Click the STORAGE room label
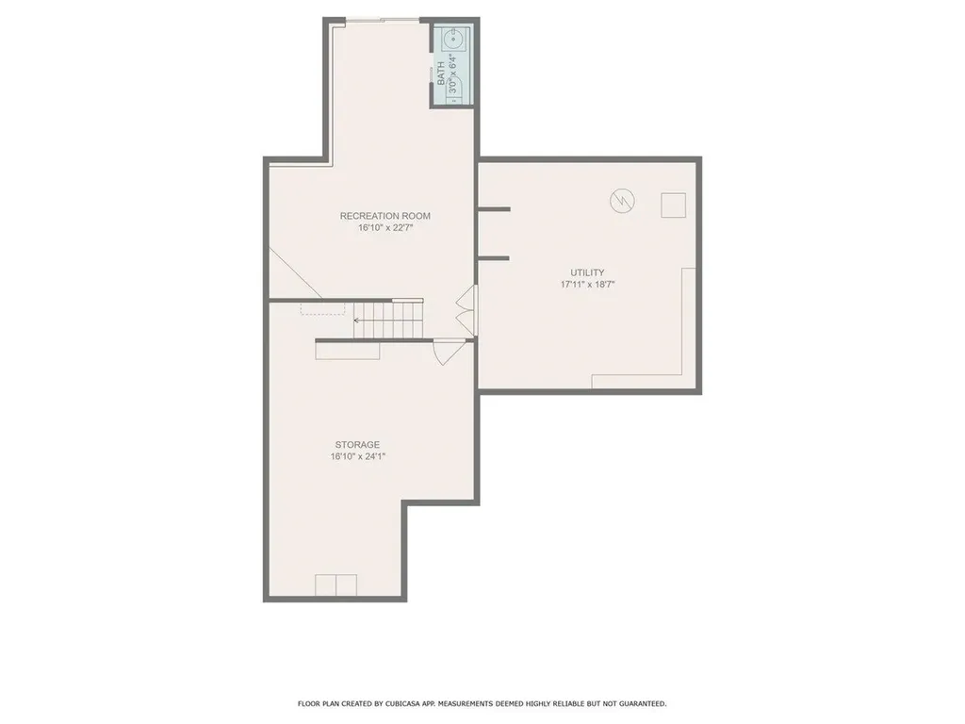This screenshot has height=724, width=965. coord(357,444)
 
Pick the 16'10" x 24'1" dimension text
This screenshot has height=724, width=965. coord(357,456)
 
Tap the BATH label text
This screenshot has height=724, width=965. coord(440,74)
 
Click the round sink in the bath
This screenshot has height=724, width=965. coord(453,40)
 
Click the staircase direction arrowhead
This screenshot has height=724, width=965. coord(356,321)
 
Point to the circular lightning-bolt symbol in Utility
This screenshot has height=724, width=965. coord(622,201)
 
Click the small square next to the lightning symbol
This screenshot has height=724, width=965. coord(673,205)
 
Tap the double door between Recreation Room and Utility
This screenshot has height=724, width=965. coord(466,308)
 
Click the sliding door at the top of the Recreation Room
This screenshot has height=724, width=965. coord(381,20)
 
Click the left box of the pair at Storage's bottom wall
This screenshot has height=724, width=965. coord(325,585)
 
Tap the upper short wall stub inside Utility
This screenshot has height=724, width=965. coord(494,208)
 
